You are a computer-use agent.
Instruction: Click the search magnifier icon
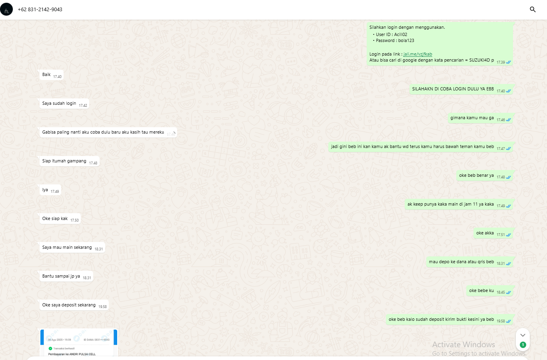point(533,9)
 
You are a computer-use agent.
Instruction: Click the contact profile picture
point(6,9)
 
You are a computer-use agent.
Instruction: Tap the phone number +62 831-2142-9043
point(40,9)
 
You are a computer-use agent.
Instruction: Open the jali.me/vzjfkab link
point(417,54)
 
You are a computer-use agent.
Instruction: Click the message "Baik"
point(47,75)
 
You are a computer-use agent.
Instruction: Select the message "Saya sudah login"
point(59,104)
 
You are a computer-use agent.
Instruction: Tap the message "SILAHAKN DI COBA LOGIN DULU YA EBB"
point(453,89)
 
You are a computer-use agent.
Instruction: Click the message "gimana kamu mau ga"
point(472,118)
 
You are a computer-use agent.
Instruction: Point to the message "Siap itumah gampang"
point(64,161)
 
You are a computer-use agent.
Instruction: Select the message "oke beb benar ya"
point(476,176)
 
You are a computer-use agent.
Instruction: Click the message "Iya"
point(45,190)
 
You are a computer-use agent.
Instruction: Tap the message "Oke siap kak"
point(55,219)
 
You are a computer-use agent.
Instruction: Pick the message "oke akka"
point(485,233)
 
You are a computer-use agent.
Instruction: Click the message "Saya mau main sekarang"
point(67,248)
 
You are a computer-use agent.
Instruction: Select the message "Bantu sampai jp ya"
point(61,276)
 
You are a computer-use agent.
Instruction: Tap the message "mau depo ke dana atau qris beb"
point(461,262)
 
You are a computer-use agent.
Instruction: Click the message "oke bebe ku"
point(481,291)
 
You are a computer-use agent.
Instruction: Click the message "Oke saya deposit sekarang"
point(69,305)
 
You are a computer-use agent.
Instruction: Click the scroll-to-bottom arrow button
point(523,335)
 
